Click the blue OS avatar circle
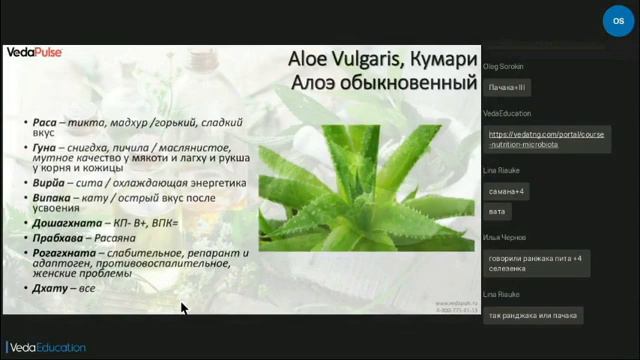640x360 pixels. pyautogui.click(x=617, y=20)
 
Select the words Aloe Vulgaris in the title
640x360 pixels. pyautogui.click(x=330, y=57)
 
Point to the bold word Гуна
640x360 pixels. pyautogui.click(x=42, y=146)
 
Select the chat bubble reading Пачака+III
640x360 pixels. pyautogui.click(x=510, y=88)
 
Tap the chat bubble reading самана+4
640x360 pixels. pyautogui.click(x=507, y=191)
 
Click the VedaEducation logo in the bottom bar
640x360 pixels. pyautogui.click(x=47, y=347)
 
